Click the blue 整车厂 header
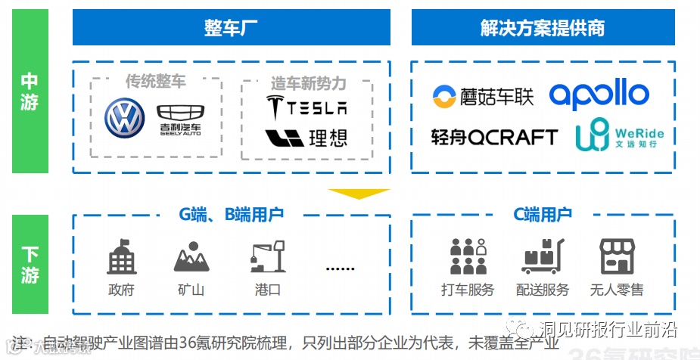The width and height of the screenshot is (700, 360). [231, 28]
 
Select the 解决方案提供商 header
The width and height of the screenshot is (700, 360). [543, 28]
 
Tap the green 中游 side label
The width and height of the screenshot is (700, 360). [30, 91]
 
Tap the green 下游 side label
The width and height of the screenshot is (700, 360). [30, 264]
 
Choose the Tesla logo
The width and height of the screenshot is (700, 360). [306, 107]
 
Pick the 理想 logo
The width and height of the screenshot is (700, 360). [306, 138]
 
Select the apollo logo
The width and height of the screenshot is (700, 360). [599, 95]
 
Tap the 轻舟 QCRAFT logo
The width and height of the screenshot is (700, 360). [493, 137]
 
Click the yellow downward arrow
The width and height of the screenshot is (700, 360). [359, 194]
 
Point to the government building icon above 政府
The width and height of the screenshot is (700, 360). [121, 257]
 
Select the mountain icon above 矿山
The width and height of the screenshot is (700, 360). [191, 257]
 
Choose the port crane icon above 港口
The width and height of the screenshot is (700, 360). [268, 257]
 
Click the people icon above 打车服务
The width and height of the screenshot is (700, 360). [467, 256]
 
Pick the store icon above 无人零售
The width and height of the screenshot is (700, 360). [616, 256]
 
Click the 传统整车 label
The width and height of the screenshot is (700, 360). [155, 81]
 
